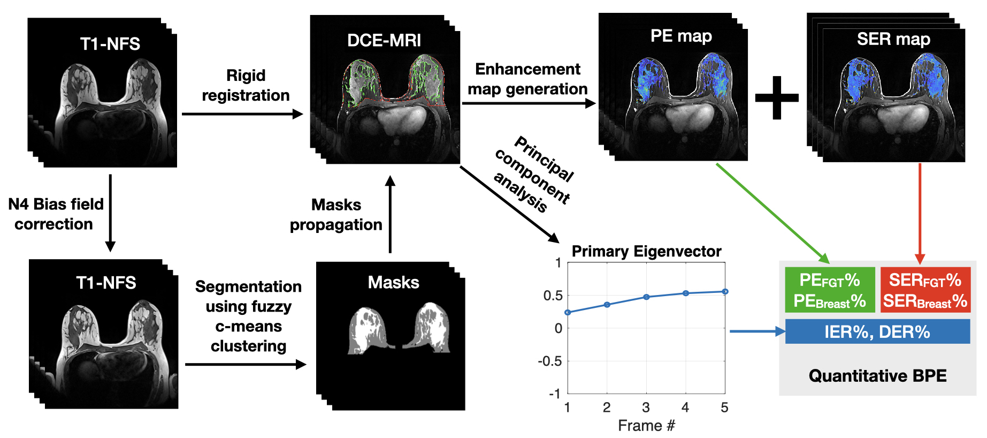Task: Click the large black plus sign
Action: click(777, 97)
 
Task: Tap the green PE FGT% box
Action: click(830, 290)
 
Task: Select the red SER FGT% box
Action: click(925, 290)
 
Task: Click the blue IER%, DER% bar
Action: click(877, 331)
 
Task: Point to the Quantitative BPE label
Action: click(877, 375)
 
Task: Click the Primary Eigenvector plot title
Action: click(646, 251)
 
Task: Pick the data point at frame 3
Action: click(646, 297)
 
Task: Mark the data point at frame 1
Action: click(568, 312)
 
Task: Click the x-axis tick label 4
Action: click(685, 407)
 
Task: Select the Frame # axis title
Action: click(646, 426)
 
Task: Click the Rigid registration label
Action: click(246, 85)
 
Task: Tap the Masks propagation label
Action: click(336, 214)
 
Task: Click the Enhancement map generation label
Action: click(527, 79)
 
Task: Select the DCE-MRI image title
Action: click(384, 40)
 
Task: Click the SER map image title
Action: click(893, 39)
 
